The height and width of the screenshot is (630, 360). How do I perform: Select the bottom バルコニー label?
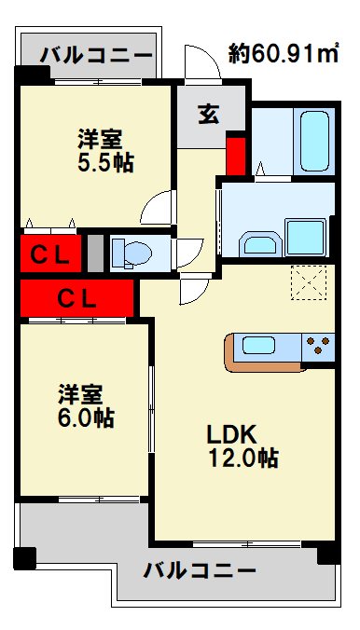pos(200,569)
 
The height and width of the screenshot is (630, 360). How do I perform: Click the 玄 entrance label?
pos(207,116)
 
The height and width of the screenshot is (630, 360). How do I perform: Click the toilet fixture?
pos(130,252)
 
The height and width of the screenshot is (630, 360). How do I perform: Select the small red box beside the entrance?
pos(236,156)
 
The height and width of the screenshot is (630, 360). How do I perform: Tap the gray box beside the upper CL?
pos(94,252)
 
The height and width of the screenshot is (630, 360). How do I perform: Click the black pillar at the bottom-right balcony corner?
pos(328,555)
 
